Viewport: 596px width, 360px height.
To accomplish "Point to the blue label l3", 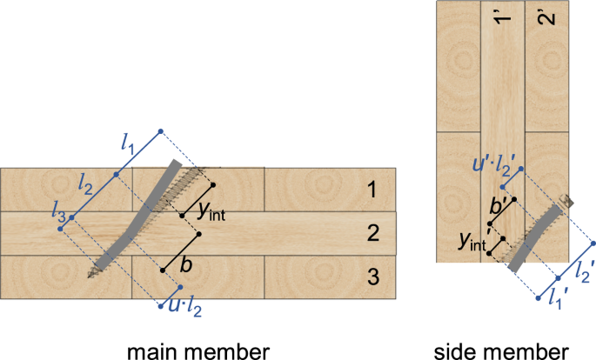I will click(57, 208).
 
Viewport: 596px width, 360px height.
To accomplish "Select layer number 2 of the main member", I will click(372, 233).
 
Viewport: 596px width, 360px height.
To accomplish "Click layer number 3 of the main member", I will click(372, 277).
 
